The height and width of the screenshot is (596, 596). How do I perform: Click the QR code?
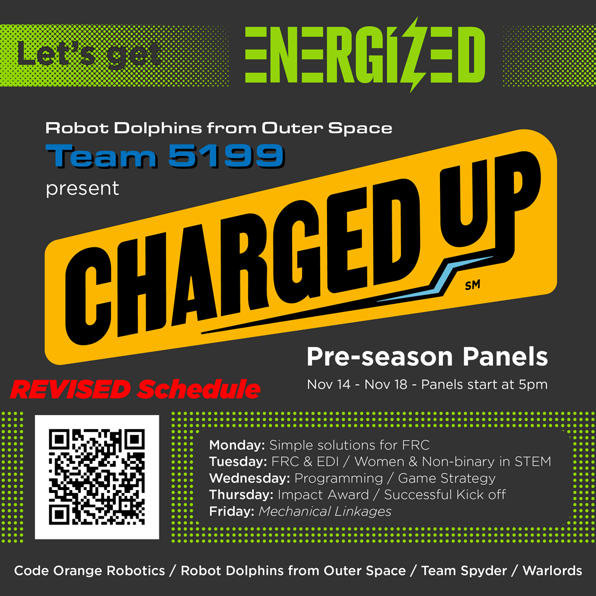[x=97, y=477]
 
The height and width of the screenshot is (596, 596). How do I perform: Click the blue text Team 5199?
[x=165, y=156]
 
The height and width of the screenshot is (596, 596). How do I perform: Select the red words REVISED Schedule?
[x=135, y=389]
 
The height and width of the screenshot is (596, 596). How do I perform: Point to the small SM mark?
[x=473, y=285]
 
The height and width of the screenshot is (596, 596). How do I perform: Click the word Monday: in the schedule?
[x=237, y=445]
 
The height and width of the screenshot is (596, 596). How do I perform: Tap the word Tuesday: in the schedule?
[x=238, y=462]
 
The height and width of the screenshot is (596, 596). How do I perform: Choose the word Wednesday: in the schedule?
[x=250, y=478]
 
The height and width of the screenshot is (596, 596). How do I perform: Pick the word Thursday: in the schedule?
[x=242, y=495]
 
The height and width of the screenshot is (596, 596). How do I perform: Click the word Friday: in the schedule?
[x=232, y=511]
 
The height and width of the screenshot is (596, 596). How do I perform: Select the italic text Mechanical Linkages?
[x=325, y=512]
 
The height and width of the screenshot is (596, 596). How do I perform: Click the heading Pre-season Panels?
[x=427, y=357]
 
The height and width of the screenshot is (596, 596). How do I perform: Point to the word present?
[x=83, y=189]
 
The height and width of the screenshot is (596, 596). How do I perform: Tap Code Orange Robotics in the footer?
[x=90, y=570]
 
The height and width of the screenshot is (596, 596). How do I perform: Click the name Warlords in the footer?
[x=552, y=570]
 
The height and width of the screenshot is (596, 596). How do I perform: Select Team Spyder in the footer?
[x=464, y=570]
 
